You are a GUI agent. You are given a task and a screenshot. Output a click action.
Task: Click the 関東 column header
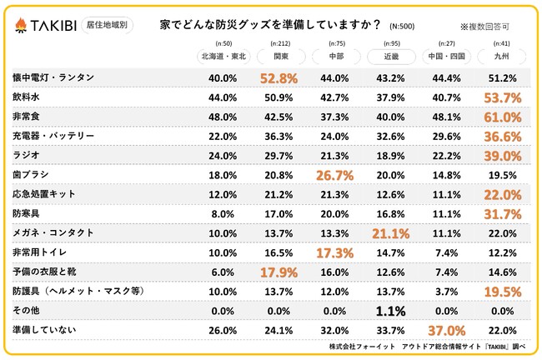point(280,57)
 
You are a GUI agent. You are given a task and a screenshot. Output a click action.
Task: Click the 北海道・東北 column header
point(223,57)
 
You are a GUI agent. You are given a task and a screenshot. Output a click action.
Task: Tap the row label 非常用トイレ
point(40,252)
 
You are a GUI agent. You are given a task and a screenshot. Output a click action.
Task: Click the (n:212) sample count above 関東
point(280,43)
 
